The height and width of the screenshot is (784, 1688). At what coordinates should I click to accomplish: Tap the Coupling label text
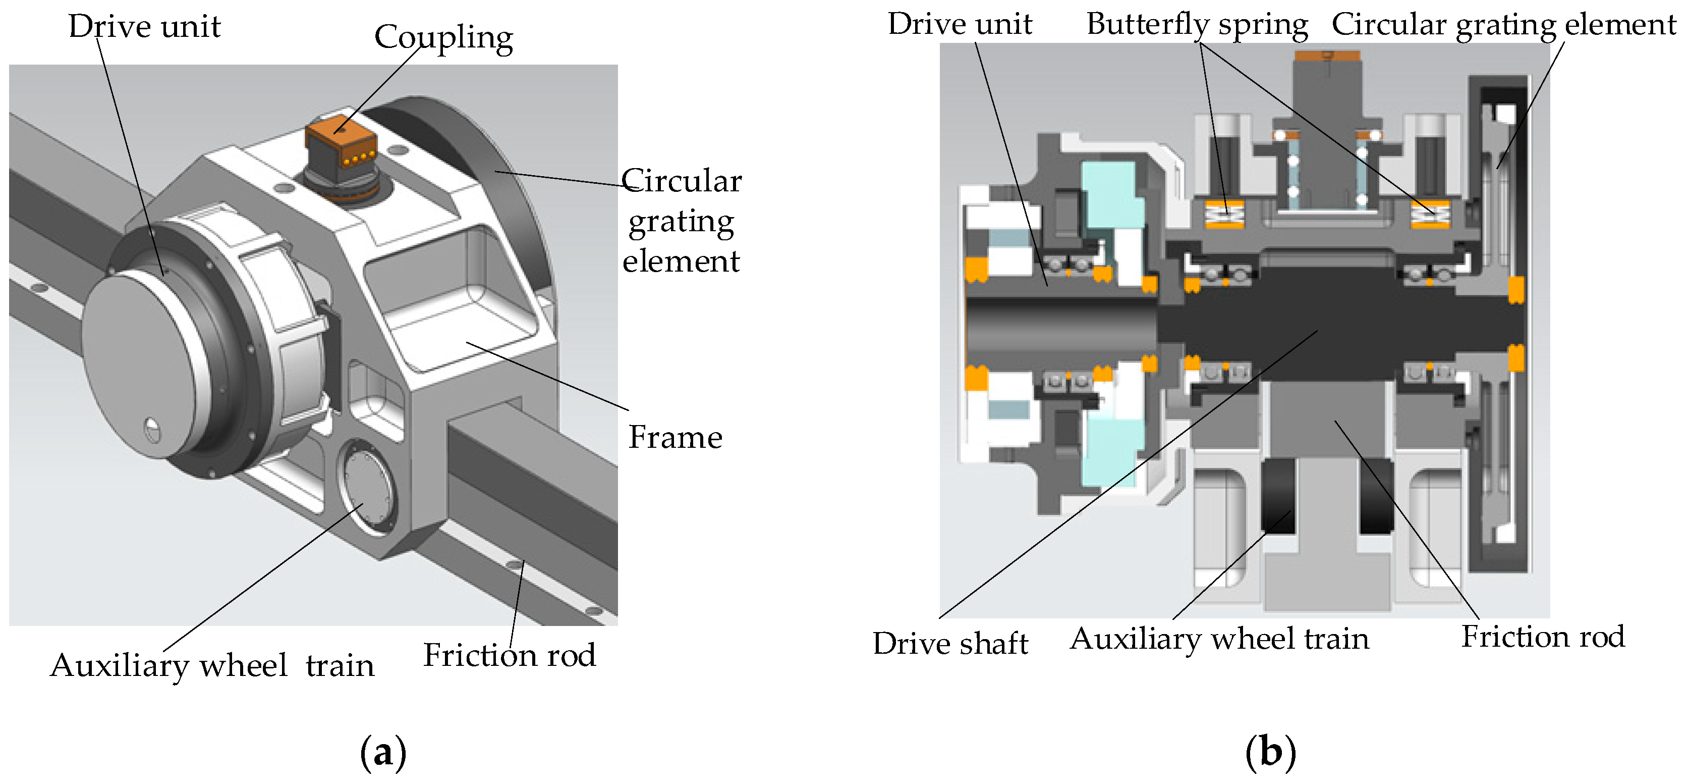click(x=443, y=37)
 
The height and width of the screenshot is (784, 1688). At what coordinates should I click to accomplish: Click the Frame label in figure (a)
click(x=675, y=437)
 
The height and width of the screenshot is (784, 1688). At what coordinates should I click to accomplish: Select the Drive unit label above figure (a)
click(x=144, y=27)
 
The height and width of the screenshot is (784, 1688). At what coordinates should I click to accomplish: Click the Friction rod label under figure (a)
click(x=509, y=655)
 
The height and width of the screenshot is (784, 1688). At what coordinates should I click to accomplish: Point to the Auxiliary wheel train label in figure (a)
click(x=212, y=665)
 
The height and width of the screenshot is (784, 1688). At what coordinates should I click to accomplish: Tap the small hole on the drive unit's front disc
click(x=151, y=430)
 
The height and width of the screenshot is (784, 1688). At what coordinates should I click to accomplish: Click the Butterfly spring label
click(x=1197, y=25)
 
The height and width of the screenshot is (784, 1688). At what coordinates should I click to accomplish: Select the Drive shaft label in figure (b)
click(x=949, y=643)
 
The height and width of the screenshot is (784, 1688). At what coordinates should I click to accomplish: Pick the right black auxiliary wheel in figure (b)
click(x=1376, y=496)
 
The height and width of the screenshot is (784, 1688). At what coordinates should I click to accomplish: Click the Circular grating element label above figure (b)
click(x=1503, y=25)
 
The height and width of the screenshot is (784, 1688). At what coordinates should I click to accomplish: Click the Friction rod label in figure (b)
click(x=1543, y=637)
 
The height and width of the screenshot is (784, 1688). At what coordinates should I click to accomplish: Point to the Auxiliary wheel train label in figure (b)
click(x=1219, y=639)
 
